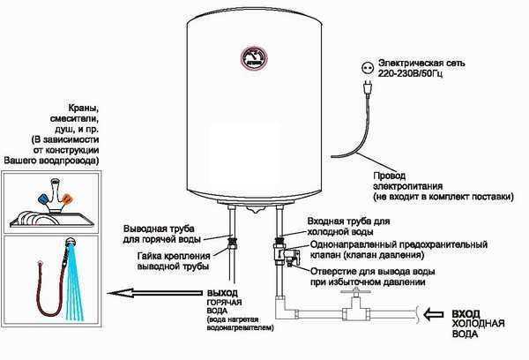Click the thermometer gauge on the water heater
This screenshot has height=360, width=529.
point(254,57)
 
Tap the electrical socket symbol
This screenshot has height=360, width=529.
point(367,69)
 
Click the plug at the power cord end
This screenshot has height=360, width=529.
point(367,88)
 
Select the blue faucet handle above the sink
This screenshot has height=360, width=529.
point(44,198)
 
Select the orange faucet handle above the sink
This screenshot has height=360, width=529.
point(68,199)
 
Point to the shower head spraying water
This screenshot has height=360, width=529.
point(71,243)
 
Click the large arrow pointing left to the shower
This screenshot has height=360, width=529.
point(154,293)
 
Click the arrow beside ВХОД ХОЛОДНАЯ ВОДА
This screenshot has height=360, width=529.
point(434,314)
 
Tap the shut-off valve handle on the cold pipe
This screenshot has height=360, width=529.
point(355,292)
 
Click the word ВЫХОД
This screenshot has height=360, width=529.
point(222,293)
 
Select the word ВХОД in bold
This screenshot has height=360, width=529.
point(466,314)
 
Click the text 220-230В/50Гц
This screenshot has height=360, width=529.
point(410,73)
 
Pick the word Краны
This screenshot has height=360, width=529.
point(84,109)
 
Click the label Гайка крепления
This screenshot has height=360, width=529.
point(174,256)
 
